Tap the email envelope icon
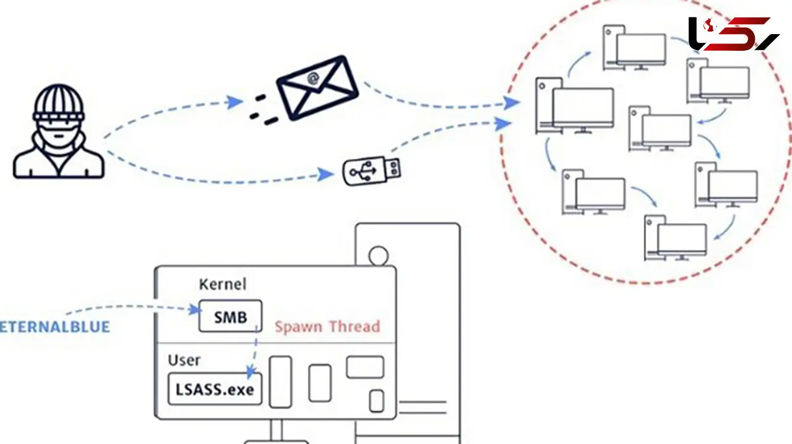[317, 88]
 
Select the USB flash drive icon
[372, 172]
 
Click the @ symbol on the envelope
[313, 79]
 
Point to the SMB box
[230, 316]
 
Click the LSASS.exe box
[215, 389]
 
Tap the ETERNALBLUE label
[55, 326]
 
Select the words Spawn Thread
[327, 326]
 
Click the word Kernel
[222, 284]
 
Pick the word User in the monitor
[184, 360]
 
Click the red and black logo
[734, 33]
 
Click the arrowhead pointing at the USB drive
[325, 175]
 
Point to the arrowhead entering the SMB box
[194, 310]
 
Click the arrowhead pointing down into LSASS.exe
[251, 372]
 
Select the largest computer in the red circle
[575, 106]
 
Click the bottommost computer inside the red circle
[675, 238]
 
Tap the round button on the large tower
[378, 255]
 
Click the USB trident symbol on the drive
[363, 172]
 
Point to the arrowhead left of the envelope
[235, 102]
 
